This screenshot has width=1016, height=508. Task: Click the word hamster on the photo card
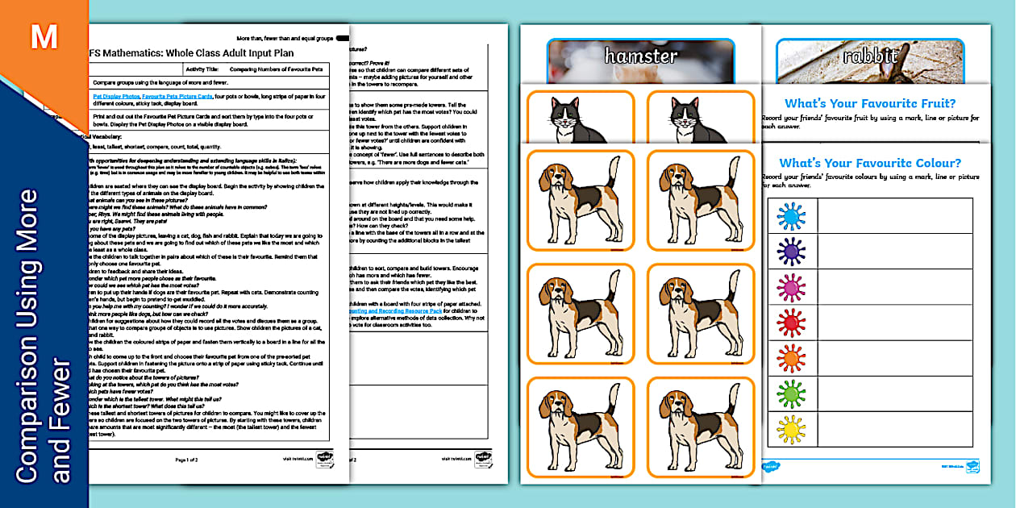(641, 56)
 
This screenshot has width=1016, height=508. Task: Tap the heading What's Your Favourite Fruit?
(870, 103)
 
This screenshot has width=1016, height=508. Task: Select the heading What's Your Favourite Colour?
(870, 164)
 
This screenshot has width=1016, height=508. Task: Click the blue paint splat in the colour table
(791, 215)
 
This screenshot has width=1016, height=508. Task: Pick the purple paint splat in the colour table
(791, 251)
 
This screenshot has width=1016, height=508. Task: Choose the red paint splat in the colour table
(791, 322)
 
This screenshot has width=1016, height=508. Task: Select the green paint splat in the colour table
(791, 393)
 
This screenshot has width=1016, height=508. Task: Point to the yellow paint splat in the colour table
(791, 427)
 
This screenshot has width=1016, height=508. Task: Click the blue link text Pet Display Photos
(116, 96)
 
